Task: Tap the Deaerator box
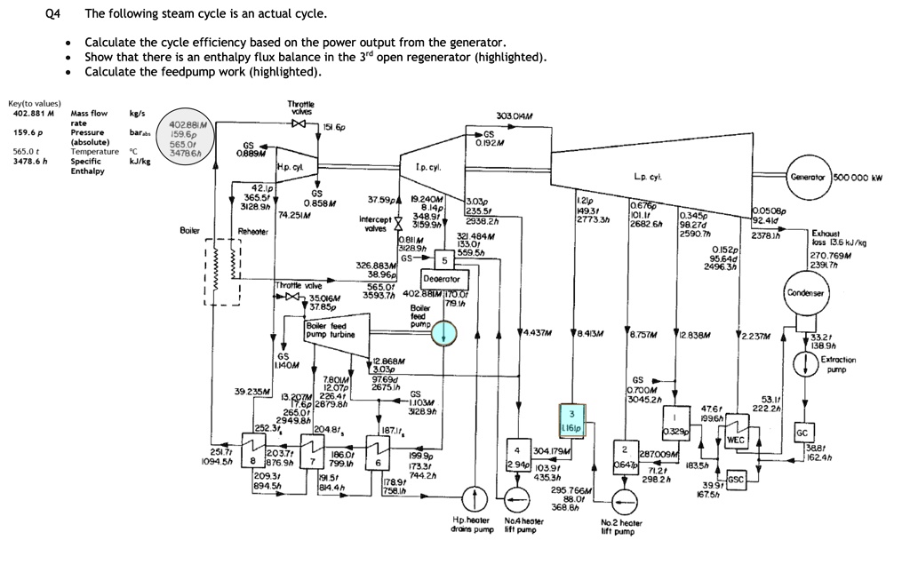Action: pyautogui.click(x=441, y=279)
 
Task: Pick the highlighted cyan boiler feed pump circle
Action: pyautogui.click(x=443, y=332)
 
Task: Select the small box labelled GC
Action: pyautogui.click(x=802, y=433)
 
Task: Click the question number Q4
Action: pyautogui.click(x=51, y=14)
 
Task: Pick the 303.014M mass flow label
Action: pyautogui.click(x=515, y=116)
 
